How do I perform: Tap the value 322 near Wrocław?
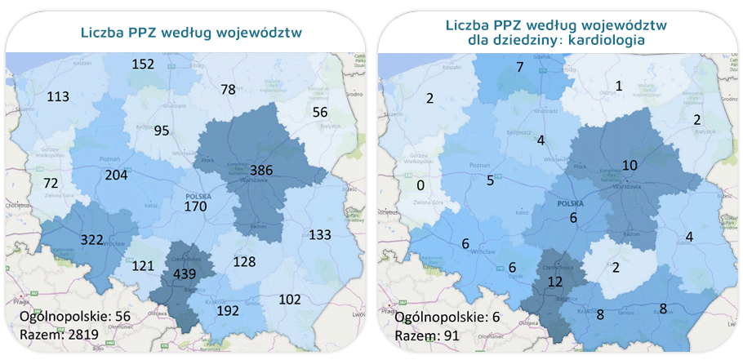[x=92, y=240]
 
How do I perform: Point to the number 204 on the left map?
[x=117, y=174]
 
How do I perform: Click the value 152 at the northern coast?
[x=143, y=64]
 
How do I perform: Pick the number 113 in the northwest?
[x=57, y=96]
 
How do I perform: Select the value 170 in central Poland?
[x=195, y=207]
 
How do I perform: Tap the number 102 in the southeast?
[x=290, y=299]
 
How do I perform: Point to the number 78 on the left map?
[x=228, y=89]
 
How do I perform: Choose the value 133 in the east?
[x=320, y=235]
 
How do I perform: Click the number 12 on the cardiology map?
[x=556, y=282]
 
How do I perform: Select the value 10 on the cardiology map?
[x=630, y=166]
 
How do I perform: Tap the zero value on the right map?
[x=420, y=185]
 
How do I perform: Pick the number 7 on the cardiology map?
[x=519, y=67]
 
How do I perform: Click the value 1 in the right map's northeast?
[x=618, y=86]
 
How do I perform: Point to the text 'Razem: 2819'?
[x=52, y=334]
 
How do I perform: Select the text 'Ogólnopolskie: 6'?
[x=443, y=317]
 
